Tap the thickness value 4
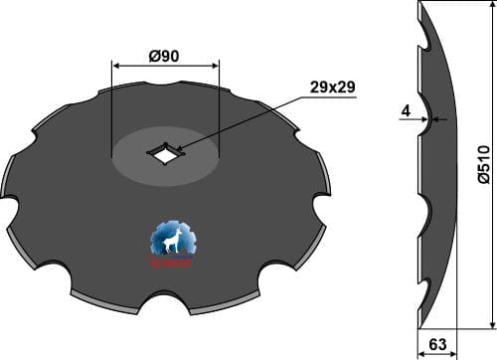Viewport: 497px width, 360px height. coord(407,111)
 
